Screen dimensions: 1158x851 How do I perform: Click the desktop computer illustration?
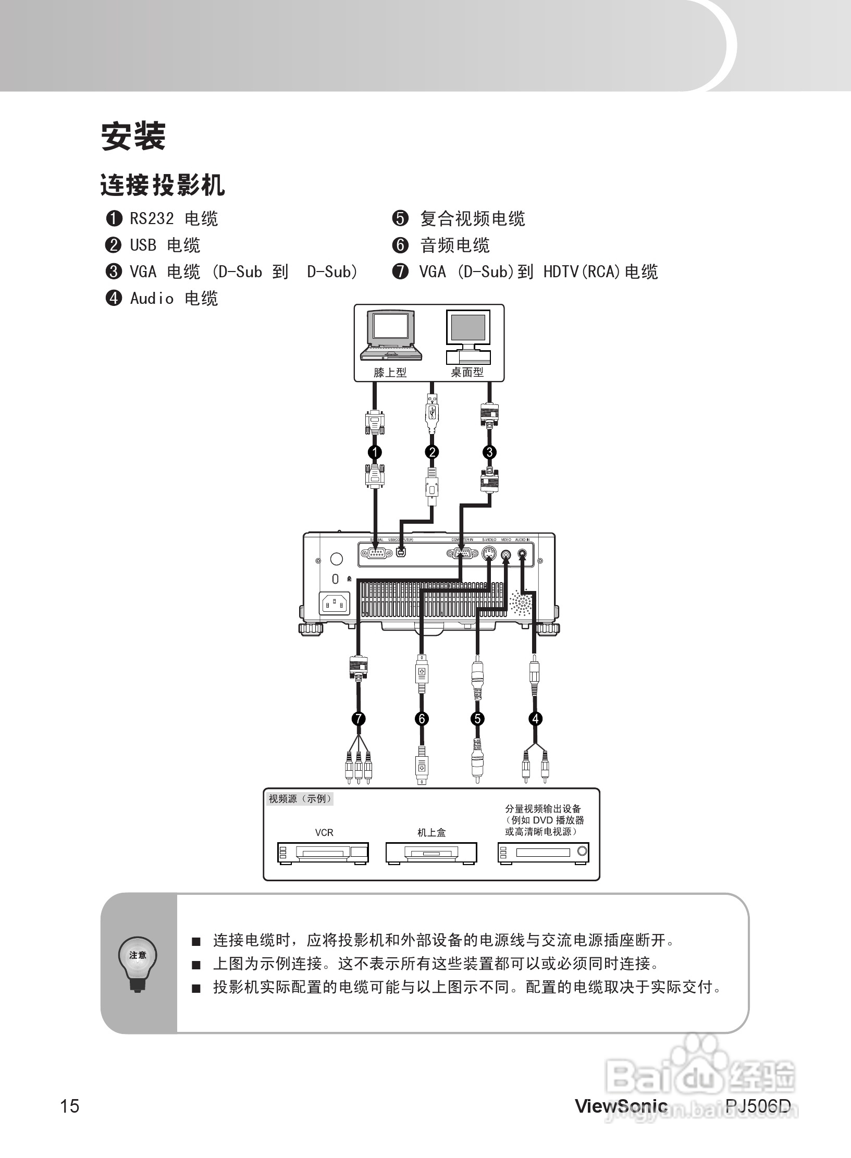[468, 336]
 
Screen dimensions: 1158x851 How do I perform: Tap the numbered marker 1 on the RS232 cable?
[375, 452]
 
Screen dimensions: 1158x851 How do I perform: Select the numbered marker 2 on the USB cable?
[432, 452]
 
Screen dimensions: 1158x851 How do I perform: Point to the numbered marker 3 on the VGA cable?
[489, 452]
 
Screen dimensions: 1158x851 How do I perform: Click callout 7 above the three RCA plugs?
[359, 719]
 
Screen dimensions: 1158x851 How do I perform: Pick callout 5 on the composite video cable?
[477, 719]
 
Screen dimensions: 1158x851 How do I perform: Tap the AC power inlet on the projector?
[334, 604]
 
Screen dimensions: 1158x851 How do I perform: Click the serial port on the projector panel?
[376, 553]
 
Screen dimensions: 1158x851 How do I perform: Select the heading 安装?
[133, 137]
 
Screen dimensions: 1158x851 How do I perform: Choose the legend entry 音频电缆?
[454, 245]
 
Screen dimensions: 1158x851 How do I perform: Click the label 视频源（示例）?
[300, 799]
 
